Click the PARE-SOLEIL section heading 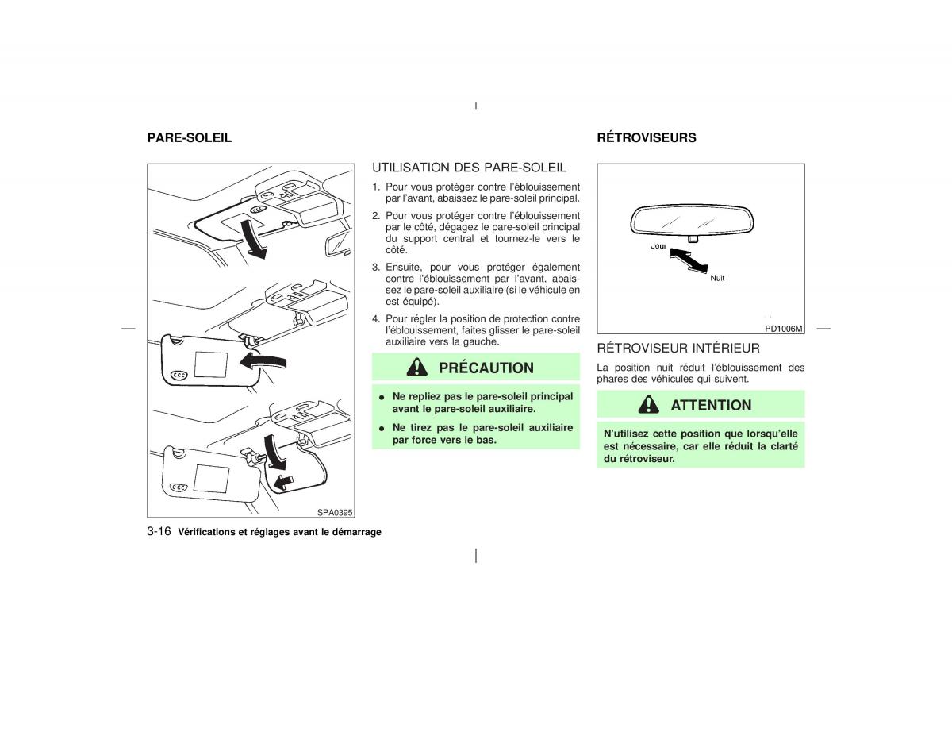(x=190, y=137)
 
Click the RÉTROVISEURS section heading (x=647, y=137)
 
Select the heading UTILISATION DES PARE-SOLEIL (x=469, y=168)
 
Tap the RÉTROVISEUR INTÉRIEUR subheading (x=678, y=348)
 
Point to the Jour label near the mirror (x=658, y=246)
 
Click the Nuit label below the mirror (x=717, y=278)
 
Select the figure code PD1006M (x=784, y=329)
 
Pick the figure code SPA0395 (x=335, y=512)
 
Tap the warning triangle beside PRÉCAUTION (x=416, y=367)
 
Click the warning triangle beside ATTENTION (x=648, y=404)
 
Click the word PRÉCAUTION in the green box (x=486, y=368)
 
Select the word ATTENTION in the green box (x=711, y=405)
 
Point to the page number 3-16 (x=159, y=531)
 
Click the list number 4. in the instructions (x=376, y=318)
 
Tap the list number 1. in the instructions (x=376, y=187)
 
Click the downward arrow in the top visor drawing (x=254, y=238)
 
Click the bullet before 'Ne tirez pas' (x=382, y=428)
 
